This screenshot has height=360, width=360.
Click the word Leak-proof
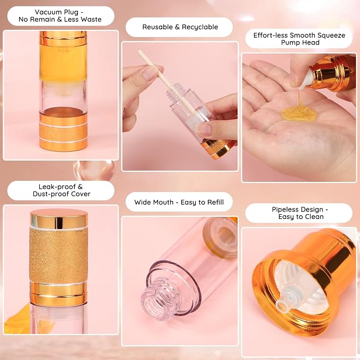point(60,187)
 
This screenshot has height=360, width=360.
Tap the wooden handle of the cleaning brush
point(167,82)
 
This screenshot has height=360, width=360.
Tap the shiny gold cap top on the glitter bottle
point(59,219)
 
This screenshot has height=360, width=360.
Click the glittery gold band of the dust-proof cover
point(58,256)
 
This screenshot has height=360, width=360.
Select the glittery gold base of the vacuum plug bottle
point(64,133)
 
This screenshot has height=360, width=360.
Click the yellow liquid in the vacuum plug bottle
point(64,61)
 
